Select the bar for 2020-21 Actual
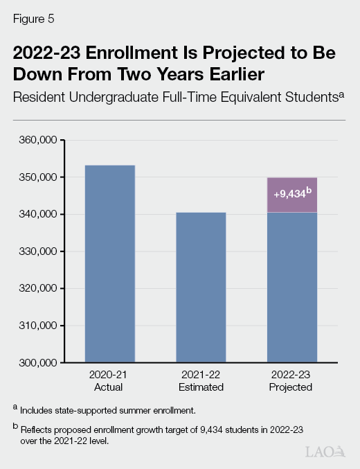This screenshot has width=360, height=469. [109, 263]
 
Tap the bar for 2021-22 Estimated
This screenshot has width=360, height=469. [201, 287]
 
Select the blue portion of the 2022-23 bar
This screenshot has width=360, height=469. [292, 287]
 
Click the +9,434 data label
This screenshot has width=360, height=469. [291, 195]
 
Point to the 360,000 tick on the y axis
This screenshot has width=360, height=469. [42, 141]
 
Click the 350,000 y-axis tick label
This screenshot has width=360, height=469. [42, 177]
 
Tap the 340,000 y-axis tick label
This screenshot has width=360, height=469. [42, 215]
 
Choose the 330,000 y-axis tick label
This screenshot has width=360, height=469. [42, 251]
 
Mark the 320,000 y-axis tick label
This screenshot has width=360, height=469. [42, 288]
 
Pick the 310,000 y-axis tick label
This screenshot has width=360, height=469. [42, 326]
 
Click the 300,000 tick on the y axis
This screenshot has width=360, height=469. [42, 362]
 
